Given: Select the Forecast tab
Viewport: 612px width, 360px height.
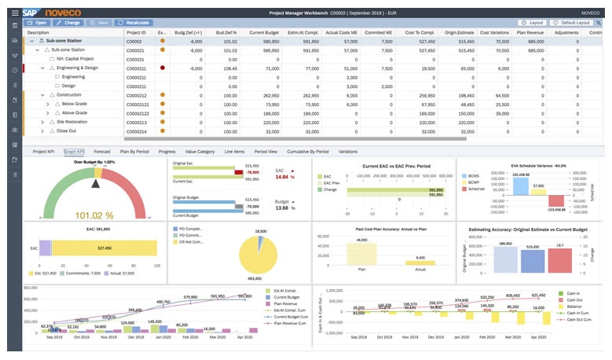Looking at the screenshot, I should click(x=102, y=151).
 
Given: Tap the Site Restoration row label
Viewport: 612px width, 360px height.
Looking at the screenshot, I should click(x=73, y=123).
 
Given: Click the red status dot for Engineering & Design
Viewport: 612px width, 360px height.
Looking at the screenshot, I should click(x=162, y=68).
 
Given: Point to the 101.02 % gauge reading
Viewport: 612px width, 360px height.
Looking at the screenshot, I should click(x=94, y=214).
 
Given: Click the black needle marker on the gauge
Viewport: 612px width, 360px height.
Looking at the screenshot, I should click(x=96, y=183).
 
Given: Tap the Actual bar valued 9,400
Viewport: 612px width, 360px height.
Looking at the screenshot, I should click(x=420, y=265).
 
